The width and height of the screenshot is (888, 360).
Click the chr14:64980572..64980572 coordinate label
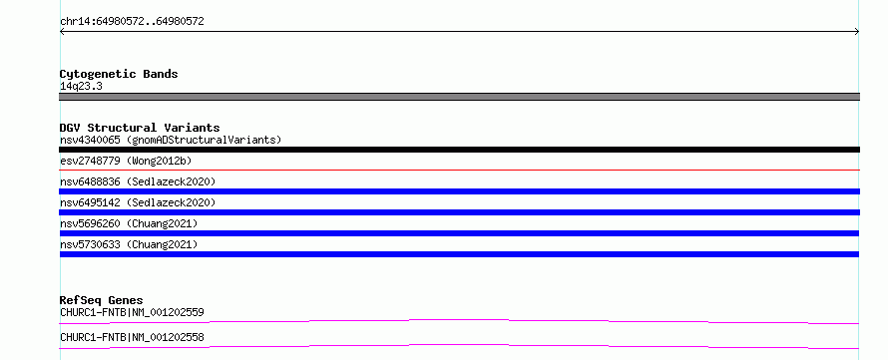(132, 22)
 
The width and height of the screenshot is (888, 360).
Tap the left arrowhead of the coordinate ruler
(62, 32)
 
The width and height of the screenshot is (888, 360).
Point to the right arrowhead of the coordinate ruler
(857, 32)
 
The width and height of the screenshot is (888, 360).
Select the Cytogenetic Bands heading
(119, 74)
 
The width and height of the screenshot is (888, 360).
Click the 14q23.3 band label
(81, 87)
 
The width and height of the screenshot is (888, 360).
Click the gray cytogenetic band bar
(459, 97)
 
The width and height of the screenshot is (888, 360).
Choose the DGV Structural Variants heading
(140, 128)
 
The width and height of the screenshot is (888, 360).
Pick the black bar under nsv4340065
(459, 150)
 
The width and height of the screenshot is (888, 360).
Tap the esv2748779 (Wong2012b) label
(126, 161)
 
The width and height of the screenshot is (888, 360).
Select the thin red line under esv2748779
(459, 170)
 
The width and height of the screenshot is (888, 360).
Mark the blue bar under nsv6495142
(459, 212)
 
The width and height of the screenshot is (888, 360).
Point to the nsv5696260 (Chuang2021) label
(129, 223)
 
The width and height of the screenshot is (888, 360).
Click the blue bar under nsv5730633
(459, 254)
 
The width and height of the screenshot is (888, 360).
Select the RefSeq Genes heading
(102, 300)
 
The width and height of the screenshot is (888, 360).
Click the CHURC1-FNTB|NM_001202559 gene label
(132, 312)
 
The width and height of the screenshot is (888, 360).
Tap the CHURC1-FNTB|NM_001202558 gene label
(132, 337)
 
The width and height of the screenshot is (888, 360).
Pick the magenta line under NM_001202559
(459, 321)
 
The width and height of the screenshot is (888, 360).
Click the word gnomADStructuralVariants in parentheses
(204, 140)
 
